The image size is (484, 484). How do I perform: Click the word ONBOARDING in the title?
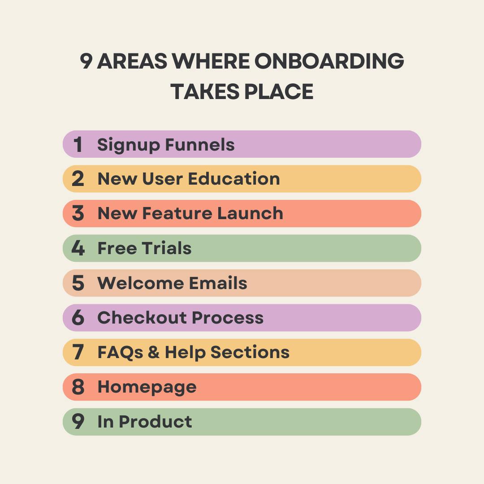329,61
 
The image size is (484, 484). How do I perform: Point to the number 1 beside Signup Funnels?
78,145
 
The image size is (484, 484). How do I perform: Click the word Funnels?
200,145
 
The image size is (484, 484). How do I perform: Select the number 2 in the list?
78,179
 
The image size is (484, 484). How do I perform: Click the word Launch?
250,213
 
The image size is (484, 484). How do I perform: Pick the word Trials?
167,248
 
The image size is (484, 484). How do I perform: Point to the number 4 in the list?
78,248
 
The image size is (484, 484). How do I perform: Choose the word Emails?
218,283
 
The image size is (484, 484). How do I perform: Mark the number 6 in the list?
78,318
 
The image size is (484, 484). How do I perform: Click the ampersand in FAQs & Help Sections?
153,353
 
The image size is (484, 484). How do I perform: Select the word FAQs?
119,353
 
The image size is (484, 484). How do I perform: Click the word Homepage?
147,387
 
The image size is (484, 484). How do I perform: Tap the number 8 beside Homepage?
78,387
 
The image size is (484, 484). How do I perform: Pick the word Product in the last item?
156,422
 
